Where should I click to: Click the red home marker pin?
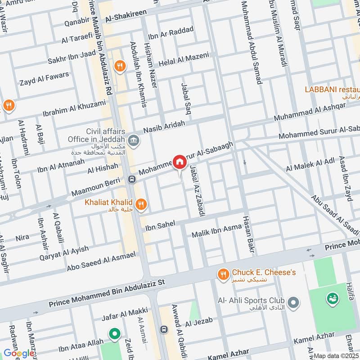180,162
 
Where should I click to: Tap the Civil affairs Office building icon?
134,141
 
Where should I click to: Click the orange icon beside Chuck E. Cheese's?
222,274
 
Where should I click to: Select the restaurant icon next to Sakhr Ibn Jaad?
119,66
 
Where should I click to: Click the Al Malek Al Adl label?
310,165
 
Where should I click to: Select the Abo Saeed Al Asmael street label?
101,261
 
